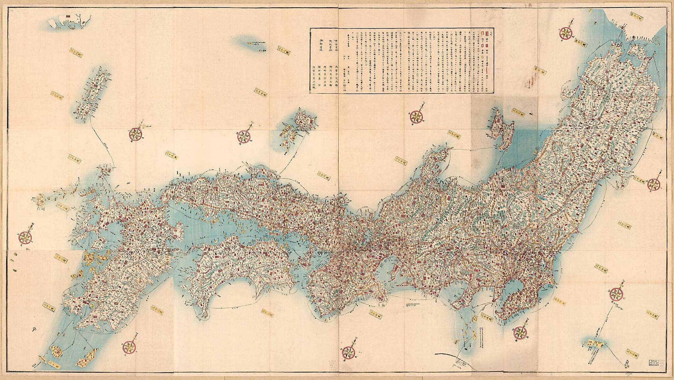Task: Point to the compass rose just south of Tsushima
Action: click(136, 133)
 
